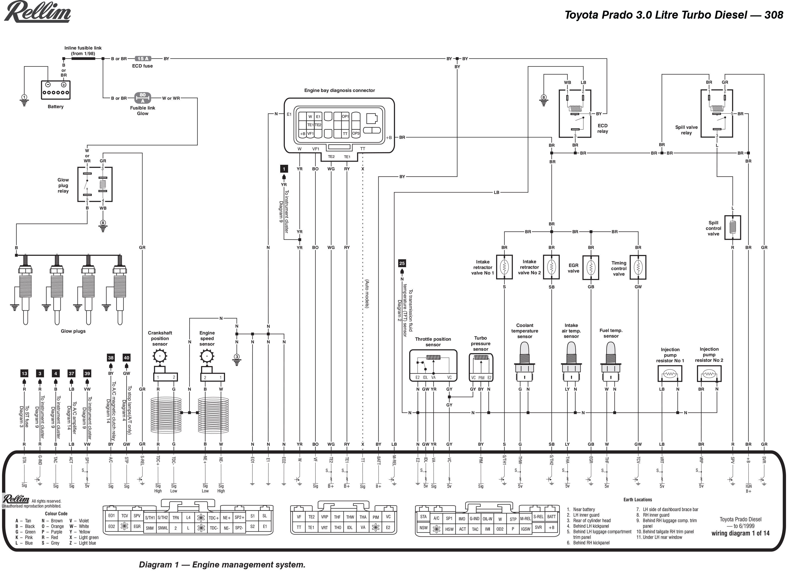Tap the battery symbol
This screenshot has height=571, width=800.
pyautogui.click(x=56, y=90)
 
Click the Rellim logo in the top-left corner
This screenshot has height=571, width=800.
pyautogui.click(x=37, y=12)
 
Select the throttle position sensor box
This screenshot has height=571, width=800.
pyautogui.click(x=433, y=366)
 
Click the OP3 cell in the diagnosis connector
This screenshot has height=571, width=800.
pyautogui.click(x=356, y=134)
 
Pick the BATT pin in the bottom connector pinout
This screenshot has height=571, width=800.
pyautogui.click(x=551, y=517)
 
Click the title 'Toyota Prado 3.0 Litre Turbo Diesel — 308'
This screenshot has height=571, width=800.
pyautogui.click(x=674, y=15)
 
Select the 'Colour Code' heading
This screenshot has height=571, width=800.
pyautogui.click(x=56, y=513)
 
